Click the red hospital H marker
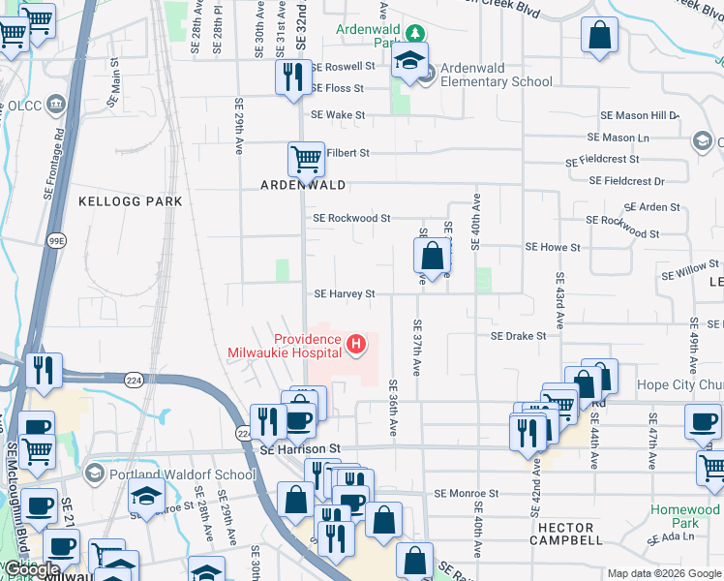tap(357, 344)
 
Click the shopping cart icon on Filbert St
tap(306, 158)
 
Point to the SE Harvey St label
tap(344, 293)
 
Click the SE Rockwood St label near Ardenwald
tap(351, 219)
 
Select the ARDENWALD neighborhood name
tap(302, 184)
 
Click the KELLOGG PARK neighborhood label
tap(130, 201)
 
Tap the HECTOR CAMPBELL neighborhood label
tap(566, 539)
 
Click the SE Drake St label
tap(519, 336)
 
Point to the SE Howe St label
tap(553, 248)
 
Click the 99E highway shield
tap(57, 240)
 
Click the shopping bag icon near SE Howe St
tap(432, 256)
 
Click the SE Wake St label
tap(337, 115)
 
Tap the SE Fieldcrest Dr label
tap(627, 181)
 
